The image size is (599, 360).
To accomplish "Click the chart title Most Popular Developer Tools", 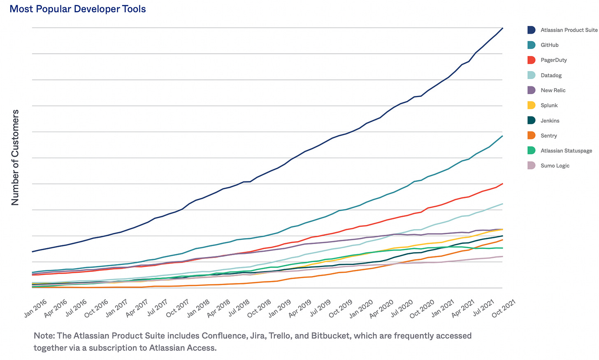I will click(x=77, y=9).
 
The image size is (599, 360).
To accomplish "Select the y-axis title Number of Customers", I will click(x=15, y=158).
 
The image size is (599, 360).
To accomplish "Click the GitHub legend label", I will click(x=549, y=45).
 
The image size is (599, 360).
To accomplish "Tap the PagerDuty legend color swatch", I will click(x=531, y=60).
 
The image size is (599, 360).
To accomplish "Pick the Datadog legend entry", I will click(x=551, y=75).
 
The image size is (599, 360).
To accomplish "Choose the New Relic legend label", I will click(x=553, y=91).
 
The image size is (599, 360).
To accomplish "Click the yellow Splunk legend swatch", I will click(x=531, y=105).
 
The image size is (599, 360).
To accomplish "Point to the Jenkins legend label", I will click(x=550, y=121).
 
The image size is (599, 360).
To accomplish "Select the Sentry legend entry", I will click(x=548, y=136).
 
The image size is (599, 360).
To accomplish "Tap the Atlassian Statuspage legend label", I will click(x=566, y=151).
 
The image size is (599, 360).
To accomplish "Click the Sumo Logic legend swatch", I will click(x=531, y=166).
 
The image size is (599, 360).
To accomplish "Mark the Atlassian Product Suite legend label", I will click(x=569, y=30).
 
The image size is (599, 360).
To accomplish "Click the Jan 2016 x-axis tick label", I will click(x=35, y=308).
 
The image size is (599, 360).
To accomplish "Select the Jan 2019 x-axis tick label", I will click(x=279, y=308).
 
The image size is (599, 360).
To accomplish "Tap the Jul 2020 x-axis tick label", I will click(x=402, y=308).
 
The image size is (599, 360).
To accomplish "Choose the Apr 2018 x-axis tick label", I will click(x=218, y=308).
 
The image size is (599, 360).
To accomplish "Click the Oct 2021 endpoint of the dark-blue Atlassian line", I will click(x=503, y=28).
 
